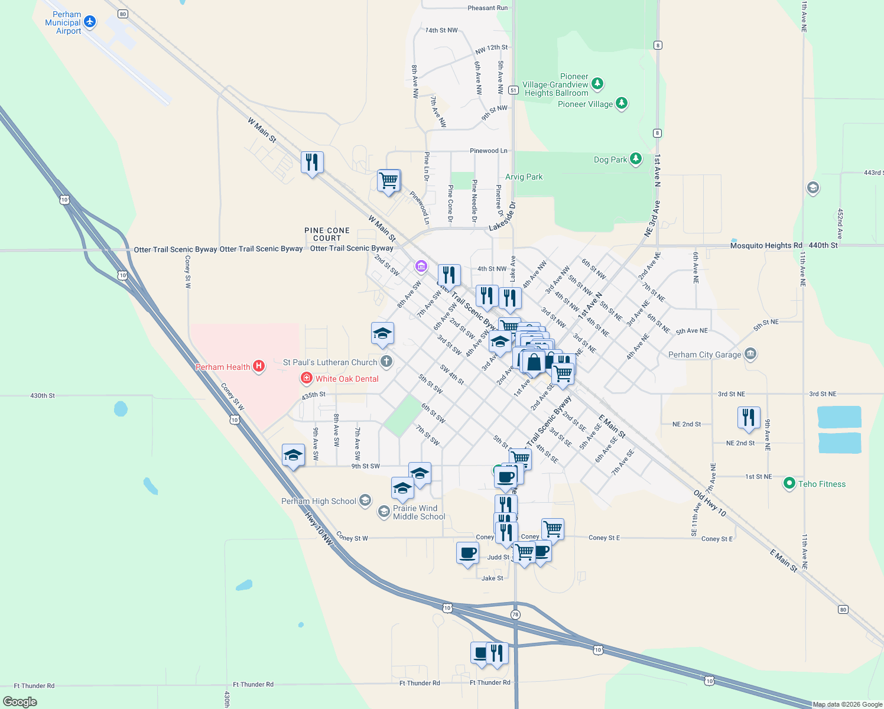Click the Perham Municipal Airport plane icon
(x=90, y=22)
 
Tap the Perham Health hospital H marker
(x=258, y=366)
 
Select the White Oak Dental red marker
(x=306, y=378)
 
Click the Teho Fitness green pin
(x=789, y=483)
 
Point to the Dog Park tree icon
(x=636, y=158)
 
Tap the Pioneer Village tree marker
(x=621, y=103)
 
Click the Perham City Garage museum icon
(x=750, y=354)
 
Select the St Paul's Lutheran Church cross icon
(x=386, y=361)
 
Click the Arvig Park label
(x=524, y=177)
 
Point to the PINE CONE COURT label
(x=327, y=234)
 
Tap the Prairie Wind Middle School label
(x=419, y=512)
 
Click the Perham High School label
(x=318, y=501)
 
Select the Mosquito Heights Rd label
(x=766, y=245)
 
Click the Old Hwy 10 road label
(x=709, y=503)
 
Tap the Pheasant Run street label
(x=487, y=8)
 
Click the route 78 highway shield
(x=515, y=614)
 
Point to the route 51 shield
(x=513, y=90)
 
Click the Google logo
(x=20, y=701)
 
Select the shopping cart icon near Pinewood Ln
(x=389, y=180)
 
